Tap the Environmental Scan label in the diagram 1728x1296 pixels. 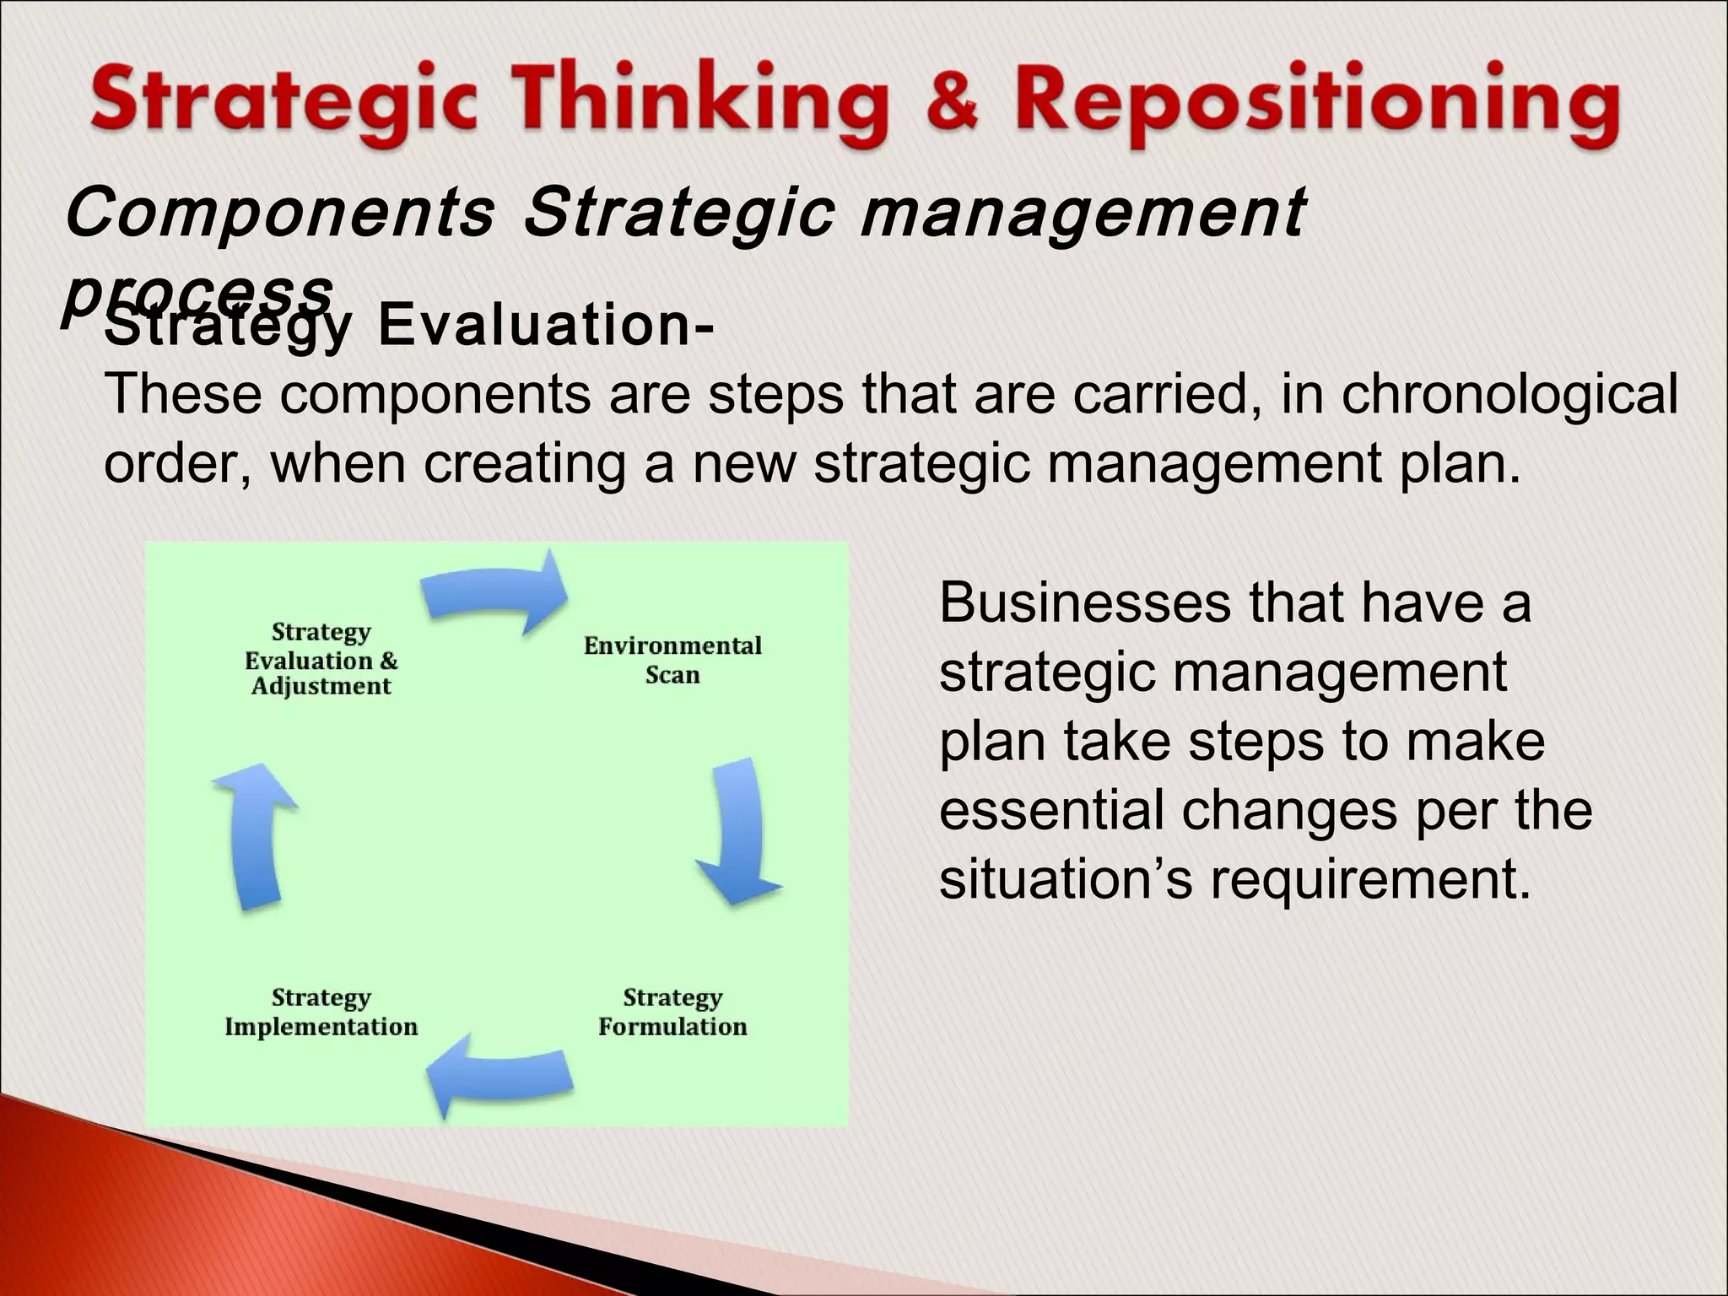click(x=672, y=660)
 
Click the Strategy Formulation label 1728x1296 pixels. click(x=672, y=1012)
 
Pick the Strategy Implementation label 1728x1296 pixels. click(x=321, y=1012)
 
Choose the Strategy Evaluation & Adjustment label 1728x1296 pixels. click(x=321, y=659)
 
